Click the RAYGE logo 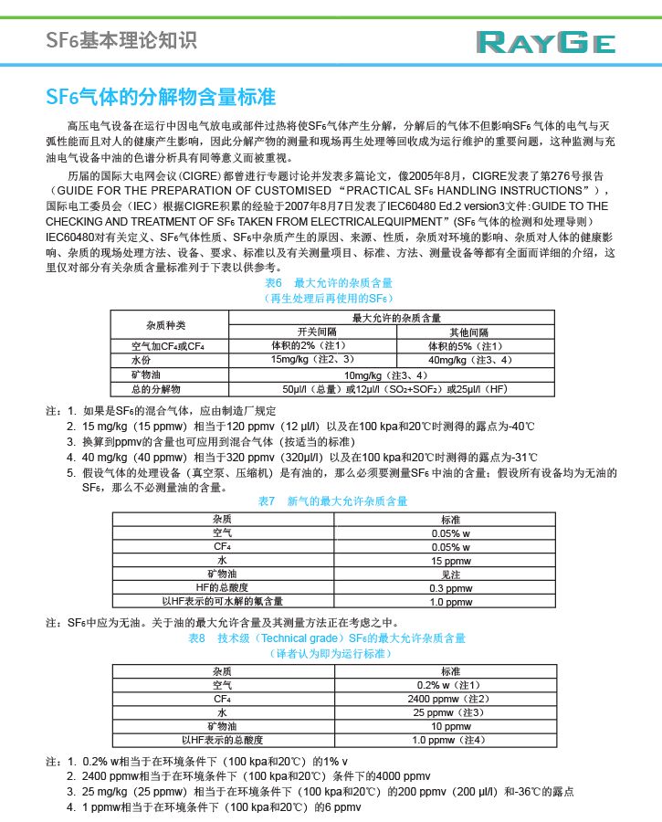(x=545, y=42)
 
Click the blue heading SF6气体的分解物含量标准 (x=161, y=97)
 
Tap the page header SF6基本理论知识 (x=121, y=40)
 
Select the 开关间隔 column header (x=318, y=332)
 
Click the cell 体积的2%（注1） (x=309, y=346)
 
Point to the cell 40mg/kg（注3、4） (x=470, y=360)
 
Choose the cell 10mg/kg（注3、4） (x=385, y=374)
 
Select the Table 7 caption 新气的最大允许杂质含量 (x=333, y=501)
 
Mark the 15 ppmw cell (x=450, y=560)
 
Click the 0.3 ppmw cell (x=450, y=587)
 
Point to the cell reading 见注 (x=450, y=574)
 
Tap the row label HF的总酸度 (x=222, y=587)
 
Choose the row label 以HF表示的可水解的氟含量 (x=222, y=601)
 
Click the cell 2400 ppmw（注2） (x=450, y=699)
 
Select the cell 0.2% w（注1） (x=450, y=685)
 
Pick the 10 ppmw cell (x=450, y=726)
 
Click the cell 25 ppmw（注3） (x=450, y=712)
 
